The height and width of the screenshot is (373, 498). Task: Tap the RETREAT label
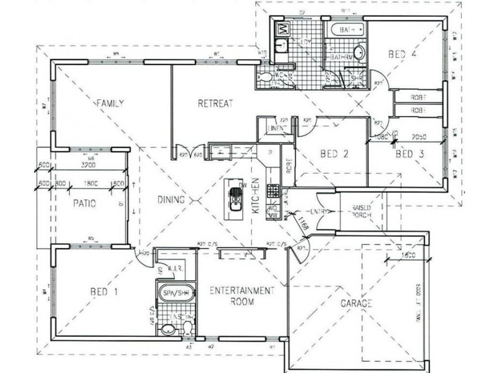215,103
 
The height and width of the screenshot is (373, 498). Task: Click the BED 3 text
410,154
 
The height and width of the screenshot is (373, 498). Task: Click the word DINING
171,200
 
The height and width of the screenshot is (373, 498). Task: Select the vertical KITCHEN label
255,195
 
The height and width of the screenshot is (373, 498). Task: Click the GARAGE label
357,303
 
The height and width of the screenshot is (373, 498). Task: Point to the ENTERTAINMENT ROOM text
241,295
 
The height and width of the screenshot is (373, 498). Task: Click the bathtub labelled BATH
346,30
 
